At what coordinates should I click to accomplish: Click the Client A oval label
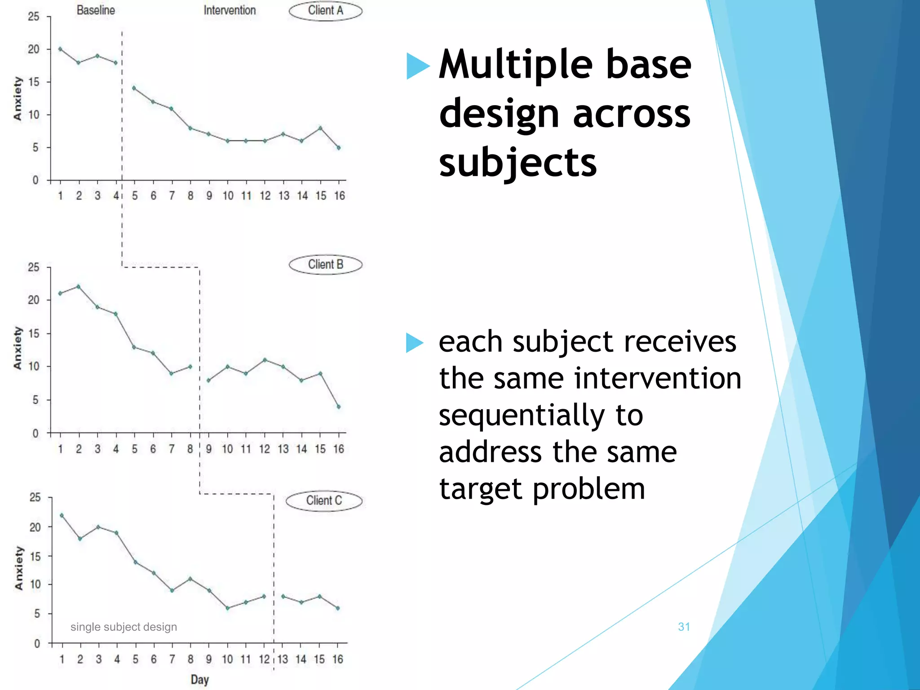click(325, 11)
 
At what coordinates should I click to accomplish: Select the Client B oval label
click(325, 265)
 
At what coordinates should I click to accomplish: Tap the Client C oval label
click(324, 501)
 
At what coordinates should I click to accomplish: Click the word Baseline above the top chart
click(96, 10)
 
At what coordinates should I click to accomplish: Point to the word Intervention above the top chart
click(230, 10)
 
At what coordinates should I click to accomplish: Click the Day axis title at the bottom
click(199, 680)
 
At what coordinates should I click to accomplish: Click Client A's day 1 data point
click(60, 49)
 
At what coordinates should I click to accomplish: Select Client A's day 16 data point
click(339, 147)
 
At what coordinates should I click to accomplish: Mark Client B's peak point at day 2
click(79, 286)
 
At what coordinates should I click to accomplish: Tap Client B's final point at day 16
click(339, 407)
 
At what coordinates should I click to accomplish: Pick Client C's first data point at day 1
click(62, 515)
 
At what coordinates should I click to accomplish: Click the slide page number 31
click(684, 627)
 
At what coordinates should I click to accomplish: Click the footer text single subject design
click(124, 627)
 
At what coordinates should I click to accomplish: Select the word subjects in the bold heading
click(517, 163)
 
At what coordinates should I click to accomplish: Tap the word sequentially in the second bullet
click(541, 415)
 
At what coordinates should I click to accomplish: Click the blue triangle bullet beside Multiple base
click(416, 66)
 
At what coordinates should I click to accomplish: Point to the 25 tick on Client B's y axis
click(34, 267)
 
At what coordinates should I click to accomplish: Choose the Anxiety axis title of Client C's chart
click(18, 568)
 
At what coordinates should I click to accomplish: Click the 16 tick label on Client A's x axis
click(339, 196)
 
